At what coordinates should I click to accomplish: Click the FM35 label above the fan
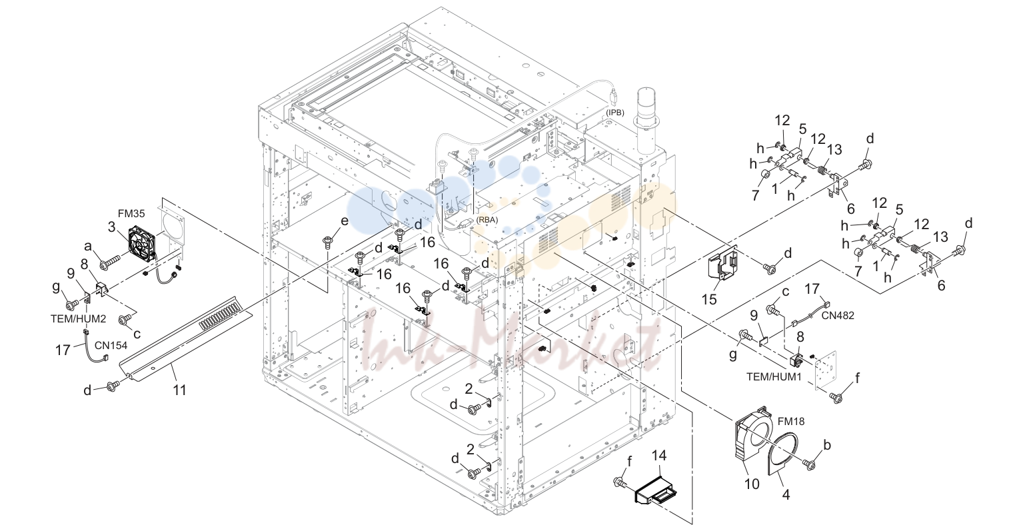click(131, 213)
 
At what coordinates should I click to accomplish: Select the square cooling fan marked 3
click(143, 244)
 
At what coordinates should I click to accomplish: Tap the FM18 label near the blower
click(791, 421)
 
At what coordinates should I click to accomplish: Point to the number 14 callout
click(659, 456)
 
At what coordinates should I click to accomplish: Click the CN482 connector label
click(838, 315)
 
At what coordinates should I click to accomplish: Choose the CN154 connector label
click(111, 345)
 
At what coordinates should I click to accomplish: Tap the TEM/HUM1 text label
click(774, 376)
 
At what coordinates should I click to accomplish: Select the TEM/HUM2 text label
click(78, 318)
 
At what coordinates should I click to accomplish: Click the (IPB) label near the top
click(615, 113)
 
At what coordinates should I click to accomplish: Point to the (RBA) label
click(487, 220)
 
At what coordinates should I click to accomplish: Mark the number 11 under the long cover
click(180, 390)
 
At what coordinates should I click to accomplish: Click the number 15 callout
click(709, 299)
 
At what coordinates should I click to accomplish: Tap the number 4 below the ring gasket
click(786, 495)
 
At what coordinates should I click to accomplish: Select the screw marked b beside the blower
click(809, 464)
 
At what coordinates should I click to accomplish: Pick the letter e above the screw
click(345, 221)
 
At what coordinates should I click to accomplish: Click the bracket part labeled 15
click(722, 265)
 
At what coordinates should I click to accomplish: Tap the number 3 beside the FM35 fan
click(112, 227)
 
